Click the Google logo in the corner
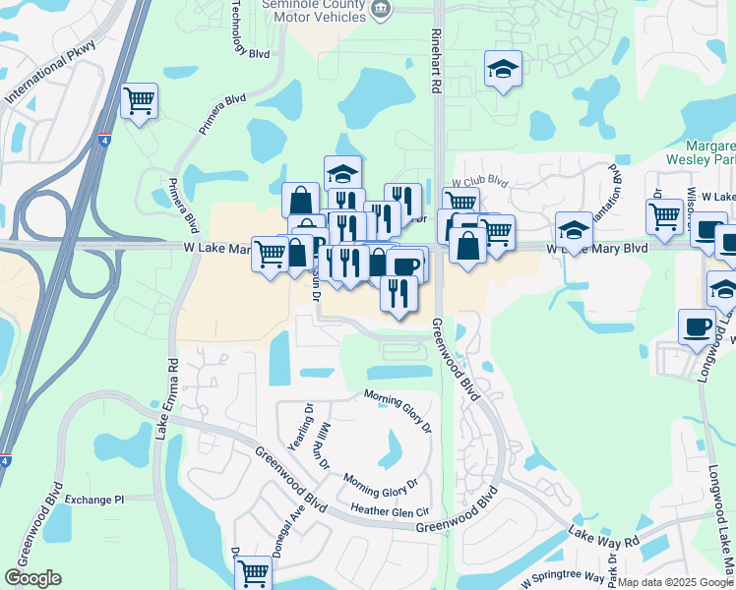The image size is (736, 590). click(32, 578)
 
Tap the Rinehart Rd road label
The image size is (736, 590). click(435, 62)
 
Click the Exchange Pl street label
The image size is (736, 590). click(94, 500)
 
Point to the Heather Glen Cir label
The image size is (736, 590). click(391, 510)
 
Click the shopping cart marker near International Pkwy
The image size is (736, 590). click(140, 100)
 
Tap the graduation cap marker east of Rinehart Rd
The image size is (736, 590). click(503, 71)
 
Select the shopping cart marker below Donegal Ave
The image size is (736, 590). click(254, 571)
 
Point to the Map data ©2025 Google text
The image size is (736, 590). click(675, 582)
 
